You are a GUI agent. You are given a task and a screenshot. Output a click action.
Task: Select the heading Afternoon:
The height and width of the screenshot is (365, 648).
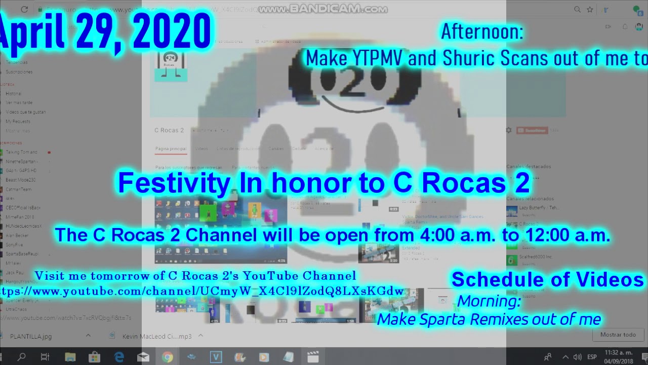481,31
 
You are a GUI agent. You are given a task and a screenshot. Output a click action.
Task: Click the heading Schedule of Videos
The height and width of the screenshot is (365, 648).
547,279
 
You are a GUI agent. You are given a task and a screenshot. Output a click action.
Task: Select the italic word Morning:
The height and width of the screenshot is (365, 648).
489,301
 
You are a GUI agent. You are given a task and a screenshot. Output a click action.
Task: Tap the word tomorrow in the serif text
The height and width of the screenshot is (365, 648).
118,276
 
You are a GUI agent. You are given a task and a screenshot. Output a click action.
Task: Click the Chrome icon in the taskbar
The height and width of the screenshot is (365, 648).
167,357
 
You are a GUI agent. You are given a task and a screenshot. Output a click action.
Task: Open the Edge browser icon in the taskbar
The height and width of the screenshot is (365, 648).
119,357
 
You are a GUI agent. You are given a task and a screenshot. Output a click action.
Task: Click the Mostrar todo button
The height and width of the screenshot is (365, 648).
618,335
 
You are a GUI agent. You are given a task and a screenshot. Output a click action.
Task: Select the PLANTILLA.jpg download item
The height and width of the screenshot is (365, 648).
30,336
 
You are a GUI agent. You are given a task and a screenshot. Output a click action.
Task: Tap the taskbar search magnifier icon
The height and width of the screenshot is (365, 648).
21,357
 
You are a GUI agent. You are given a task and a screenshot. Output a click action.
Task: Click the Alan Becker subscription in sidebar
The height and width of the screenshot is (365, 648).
18,236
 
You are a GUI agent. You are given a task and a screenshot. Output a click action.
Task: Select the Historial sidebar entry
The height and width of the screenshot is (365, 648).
14,94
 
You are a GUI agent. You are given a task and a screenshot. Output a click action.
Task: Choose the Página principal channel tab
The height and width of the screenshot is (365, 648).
171,149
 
